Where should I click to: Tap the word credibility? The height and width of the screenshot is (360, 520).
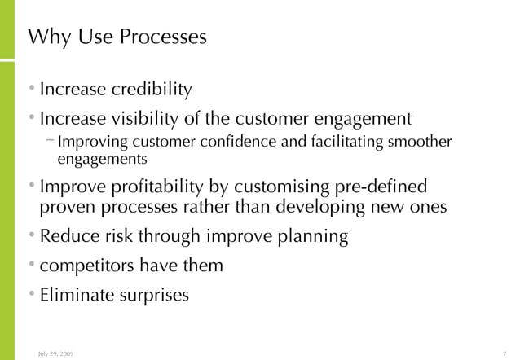point(151,88)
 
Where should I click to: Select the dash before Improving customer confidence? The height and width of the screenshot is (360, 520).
point(51,142)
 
